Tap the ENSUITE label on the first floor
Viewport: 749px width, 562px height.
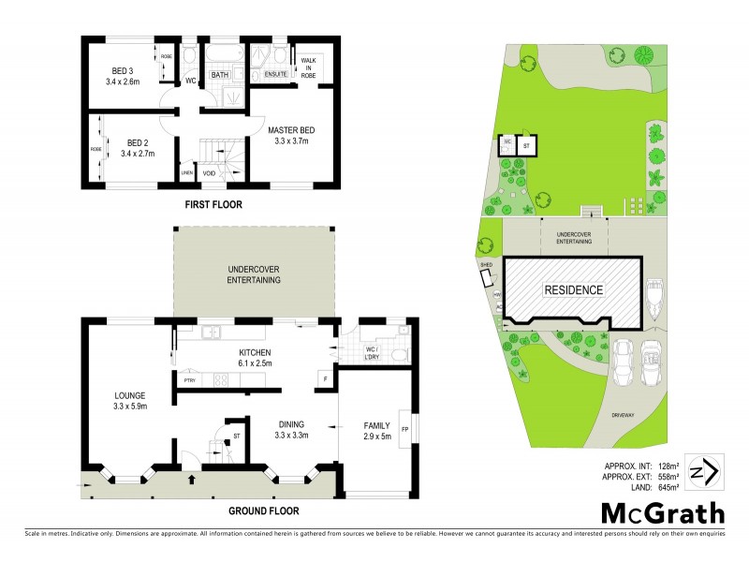click(x=275, y=74)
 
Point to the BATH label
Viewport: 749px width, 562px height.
click(x=220, y=74)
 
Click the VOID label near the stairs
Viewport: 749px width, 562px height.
click(x=210, y=173)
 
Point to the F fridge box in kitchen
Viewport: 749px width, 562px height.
click(x=324, y=379)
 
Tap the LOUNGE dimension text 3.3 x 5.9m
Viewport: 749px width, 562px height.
click(x=130, y=406)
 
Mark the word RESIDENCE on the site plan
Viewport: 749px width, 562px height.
click(x=574, y=290)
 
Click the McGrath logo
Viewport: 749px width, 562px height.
click(x=662, y=512)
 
